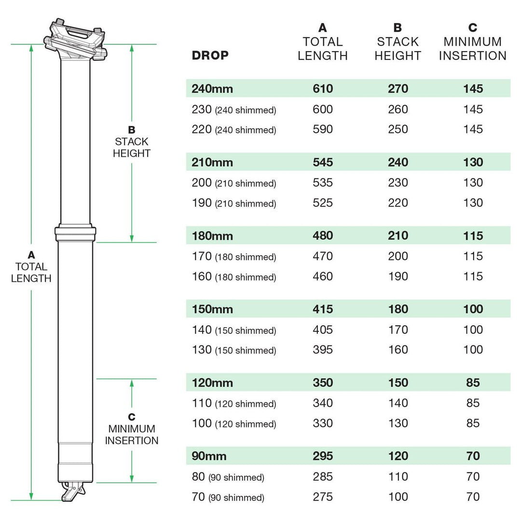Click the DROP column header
click(x=210, y=55)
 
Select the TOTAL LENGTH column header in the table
click(x=322, y=49)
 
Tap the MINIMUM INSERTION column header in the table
click(x=472, y=49)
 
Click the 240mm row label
click(x=212, y=89)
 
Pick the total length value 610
click(x=322, y=89)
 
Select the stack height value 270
click(x=398, y=89)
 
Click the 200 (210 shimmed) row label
click(x=233, y=183)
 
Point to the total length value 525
click(x=322, y=203)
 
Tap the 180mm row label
click(x=212, y=236)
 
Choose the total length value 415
click(x=322, y=309)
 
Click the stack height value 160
click(x=398, y=350)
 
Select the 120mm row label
click(x=212, y=383)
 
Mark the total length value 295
click(x=322, y=456)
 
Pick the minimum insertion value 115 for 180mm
click(x=472, y=236)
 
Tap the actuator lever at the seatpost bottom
click(x=71, y=491)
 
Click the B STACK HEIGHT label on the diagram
click(x=132, y=142)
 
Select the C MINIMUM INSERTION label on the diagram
click(x=132, y=429)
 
